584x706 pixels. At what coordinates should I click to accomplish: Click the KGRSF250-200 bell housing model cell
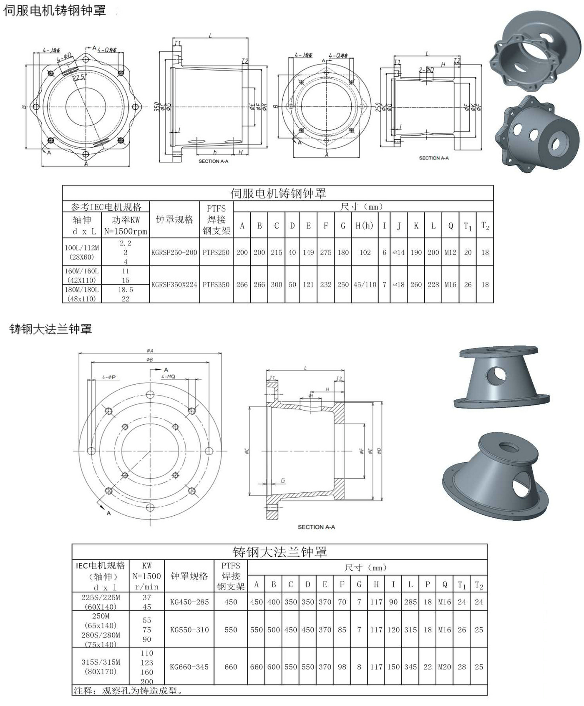pyautogui.click(x=174, y=252)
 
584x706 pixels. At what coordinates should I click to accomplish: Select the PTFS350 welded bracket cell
pyautogui.click(x=216, y=285)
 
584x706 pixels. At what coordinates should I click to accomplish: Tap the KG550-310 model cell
pyautogui.click(x=189, y=630)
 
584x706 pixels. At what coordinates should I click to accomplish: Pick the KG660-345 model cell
pyautogui.click(x=189, y=667)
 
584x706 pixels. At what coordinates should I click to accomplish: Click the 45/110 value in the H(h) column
pyautogui.click(x=365, y=285)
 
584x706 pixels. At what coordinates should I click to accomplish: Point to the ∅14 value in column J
pyautogui.click(x=399, y=252)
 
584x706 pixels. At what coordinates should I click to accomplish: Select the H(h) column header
pyautogui.click(x=364, y=226)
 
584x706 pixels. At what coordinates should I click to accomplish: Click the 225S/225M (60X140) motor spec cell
pyautogui.click(x=101, y=602)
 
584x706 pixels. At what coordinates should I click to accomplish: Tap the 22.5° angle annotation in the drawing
pyautogui.click(x=79, y=78)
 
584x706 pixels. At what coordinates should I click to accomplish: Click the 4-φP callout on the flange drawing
pyautogui.click(x=109, y=377)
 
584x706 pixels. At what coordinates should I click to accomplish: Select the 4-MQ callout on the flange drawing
pyautogui.click(x=168, y=376)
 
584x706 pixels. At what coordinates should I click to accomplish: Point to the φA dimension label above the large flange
pyautogui.click(x=150, y=350)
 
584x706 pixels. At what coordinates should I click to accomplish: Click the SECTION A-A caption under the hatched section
pyautogui.click(x=316, y=527)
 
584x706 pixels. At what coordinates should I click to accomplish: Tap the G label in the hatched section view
pyautogui.click(x=283, y=480)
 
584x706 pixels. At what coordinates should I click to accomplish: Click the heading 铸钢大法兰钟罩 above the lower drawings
pyautogui.click(x=50, y=329)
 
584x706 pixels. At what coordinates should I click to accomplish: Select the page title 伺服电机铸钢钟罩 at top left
pyautogui.click(x=55, y=10)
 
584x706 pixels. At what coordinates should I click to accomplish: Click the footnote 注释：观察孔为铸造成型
pyautogui.click(x=128, y=691)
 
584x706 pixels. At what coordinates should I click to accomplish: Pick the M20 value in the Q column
pyautogui.click(x=444, y=667)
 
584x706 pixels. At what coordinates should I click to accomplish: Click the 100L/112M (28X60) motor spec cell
pyautogui.click(x=82, y=252)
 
